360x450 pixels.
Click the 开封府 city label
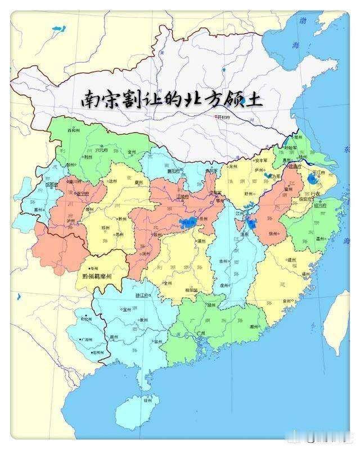pyautogui.click(x=224, y=117)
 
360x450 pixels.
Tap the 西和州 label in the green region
pyautogui.click(x=73, y=130)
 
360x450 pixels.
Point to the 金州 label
pyautogui.click(x=132, y=152)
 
